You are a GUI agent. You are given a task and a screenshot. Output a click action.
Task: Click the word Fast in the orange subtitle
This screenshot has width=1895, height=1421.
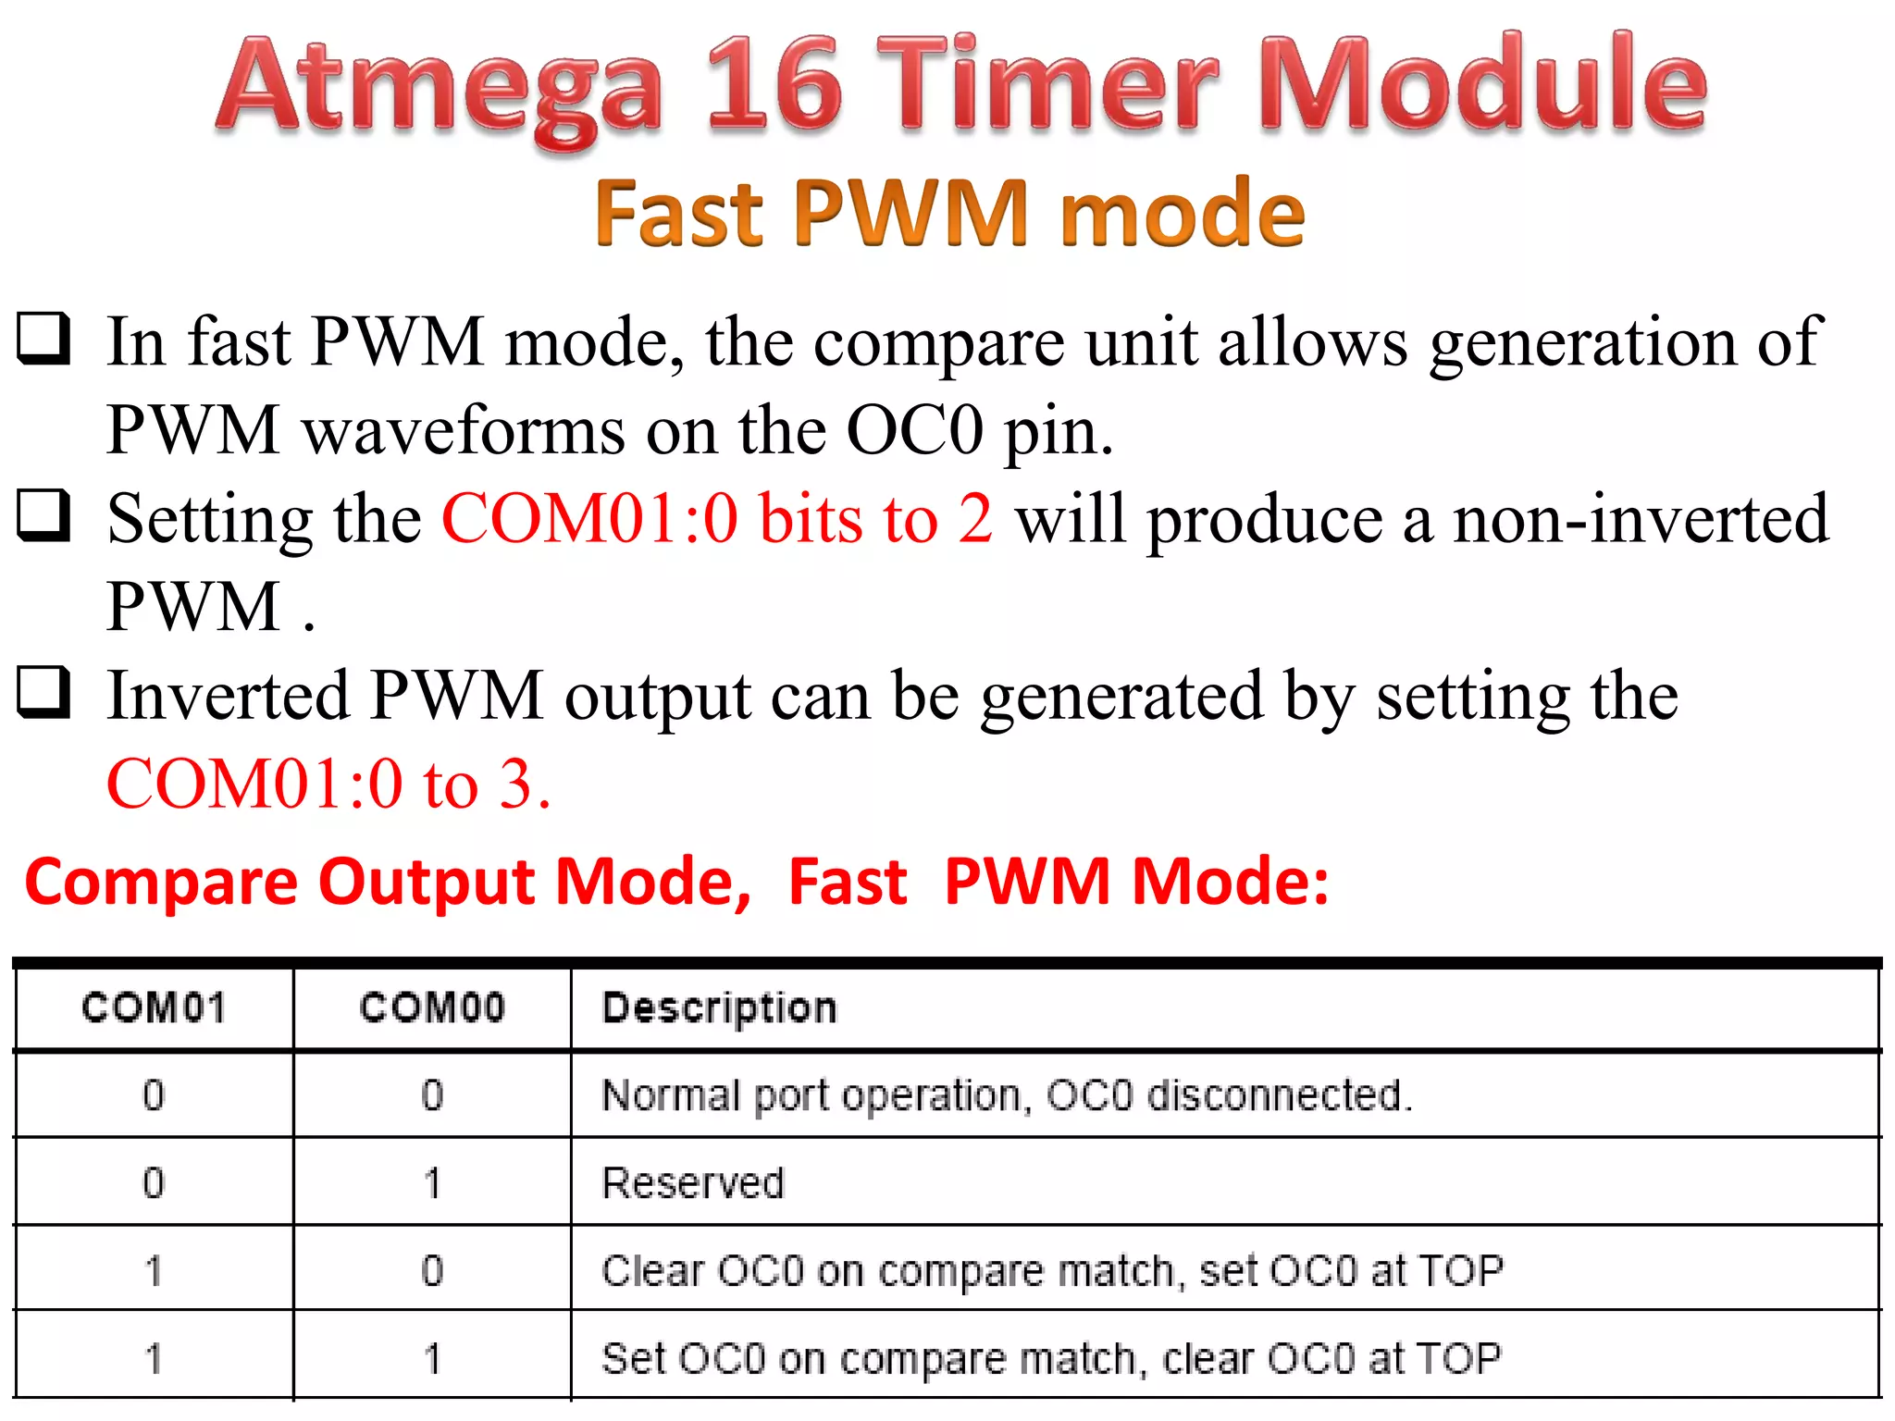point(679,214)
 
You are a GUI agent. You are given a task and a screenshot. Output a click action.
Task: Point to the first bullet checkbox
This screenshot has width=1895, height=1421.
point(43,340)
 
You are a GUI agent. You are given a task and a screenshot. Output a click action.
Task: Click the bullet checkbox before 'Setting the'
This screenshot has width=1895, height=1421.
point(43,515)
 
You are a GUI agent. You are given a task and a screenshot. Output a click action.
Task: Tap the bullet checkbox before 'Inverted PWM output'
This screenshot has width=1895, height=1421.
point(43,692)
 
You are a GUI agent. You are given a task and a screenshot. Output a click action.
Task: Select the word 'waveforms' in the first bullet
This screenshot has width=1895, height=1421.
point(464,430)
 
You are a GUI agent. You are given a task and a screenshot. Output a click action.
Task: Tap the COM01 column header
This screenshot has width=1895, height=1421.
point(154,1007)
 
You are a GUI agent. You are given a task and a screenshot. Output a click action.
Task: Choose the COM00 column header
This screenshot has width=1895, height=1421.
point(432,1007)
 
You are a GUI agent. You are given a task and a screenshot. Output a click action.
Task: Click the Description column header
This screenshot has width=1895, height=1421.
point(719,1007)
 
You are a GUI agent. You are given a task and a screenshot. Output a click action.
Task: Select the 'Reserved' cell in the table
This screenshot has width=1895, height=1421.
point(693,1183)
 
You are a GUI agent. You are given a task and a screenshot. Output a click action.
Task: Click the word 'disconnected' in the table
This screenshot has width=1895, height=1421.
point(1278,1095)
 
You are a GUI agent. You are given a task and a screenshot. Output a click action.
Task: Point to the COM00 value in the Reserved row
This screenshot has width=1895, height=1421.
point(432,1183)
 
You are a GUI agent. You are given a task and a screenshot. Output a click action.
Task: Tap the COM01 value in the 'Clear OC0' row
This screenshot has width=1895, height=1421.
point(154,1271)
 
